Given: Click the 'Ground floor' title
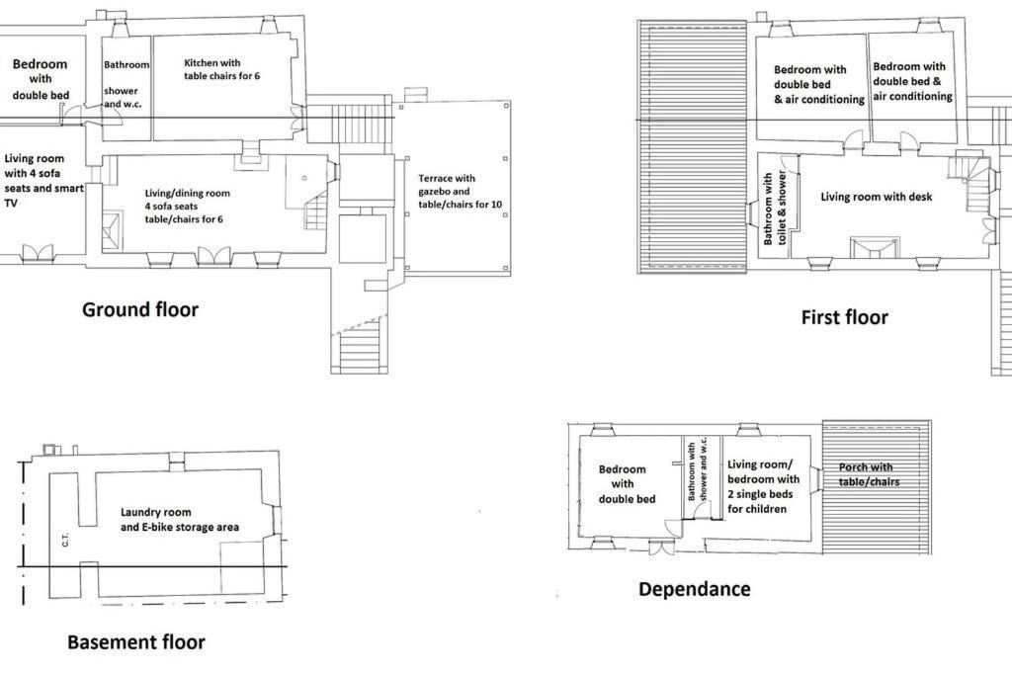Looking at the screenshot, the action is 140,309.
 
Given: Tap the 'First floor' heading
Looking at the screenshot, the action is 844,317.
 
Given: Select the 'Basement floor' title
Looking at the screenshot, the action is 136,642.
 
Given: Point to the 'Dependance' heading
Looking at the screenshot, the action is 695,589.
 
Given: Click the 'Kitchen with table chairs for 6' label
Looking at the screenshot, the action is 222,69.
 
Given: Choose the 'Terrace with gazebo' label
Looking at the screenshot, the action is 447,185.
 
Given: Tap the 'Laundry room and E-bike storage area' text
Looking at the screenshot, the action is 180,520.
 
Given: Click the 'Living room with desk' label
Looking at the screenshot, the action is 877,197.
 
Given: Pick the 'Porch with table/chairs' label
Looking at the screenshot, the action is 869,474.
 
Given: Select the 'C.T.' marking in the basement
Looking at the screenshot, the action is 65,541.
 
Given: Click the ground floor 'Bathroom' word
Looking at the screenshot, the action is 126,64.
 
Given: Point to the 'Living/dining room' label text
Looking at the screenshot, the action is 187,193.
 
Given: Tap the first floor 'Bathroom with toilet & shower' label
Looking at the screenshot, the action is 775,208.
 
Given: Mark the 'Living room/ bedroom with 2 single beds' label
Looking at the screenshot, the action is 764,486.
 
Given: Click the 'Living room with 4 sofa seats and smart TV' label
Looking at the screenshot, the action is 43,181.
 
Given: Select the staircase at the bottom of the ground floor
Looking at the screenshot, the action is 360,349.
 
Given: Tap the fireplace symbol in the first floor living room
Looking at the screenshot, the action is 874,248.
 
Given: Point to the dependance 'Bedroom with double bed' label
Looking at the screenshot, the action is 625,484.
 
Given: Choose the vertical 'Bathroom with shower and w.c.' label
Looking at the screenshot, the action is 697,470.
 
